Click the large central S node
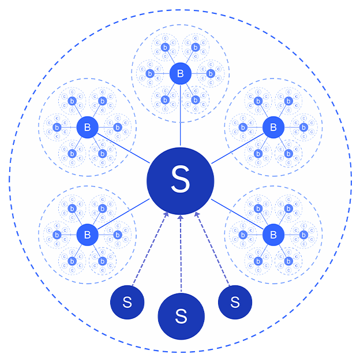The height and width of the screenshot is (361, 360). [x=180, y=181]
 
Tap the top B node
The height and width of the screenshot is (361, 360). [x=181, y=73]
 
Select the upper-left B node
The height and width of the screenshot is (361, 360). [x=87, y=127]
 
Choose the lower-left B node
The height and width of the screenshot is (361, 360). [x=87, y=235]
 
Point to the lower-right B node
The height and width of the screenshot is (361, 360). [x=273, y=235]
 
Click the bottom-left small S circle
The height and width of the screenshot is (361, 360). [x=127, y=302]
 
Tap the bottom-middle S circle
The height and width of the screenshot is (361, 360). [x=181, y=316]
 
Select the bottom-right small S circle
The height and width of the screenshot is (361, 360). [x=235, y=302]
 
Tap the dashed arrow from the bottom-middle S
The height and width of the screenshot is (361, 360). [x=181, y=254]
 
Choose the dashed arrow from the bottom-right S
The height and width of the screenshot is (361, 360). [x=213, y=248]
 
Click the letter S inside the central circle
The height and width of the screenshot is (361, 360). [x=180, y=181]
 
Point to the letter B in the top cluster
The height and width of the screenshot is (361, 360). [x=181, y=73]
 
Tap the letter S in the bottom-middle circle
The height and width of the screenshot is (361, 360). [x=181, y=316]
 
